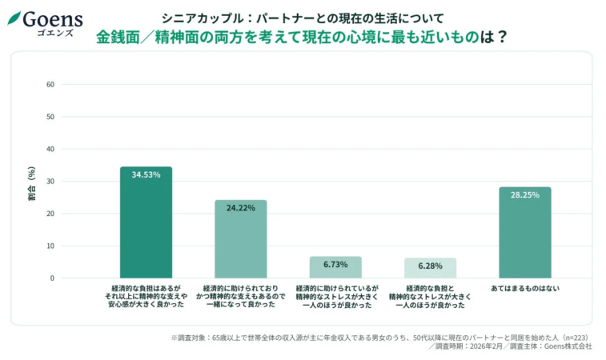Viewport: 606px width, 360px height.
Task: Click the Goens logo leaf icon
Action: tap(14, 18)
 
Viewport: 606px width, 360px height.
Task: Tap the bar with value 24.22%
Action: tap(240, 239)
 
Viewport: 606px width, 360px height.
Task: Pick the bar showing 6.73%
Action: tap(335, 267)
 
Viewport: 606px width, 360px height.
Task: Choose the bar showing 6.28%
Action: tap(430, 268)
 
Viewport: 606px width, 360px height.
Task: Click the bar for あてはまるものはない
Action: tap(524, 233)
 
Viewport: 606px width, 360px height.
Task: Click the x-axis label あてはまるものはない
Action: tap(524, 287)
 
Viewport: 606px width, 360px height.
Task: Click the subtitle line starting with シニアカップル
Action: tap(302, 18)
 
